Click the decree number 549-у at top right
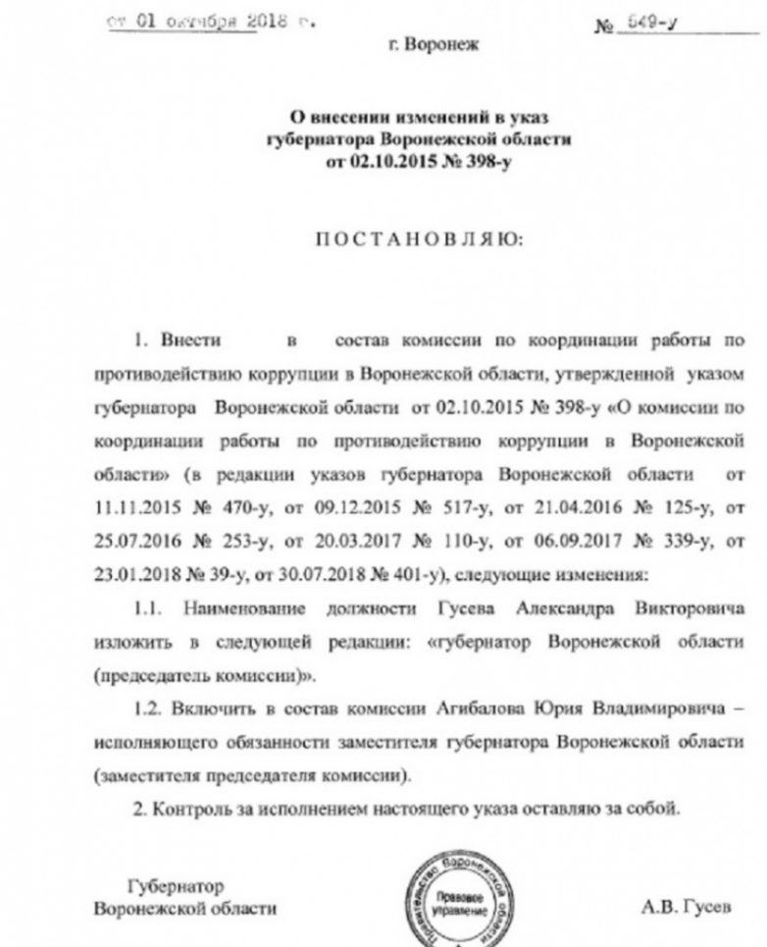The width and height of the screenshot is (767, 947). point(657,26)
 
